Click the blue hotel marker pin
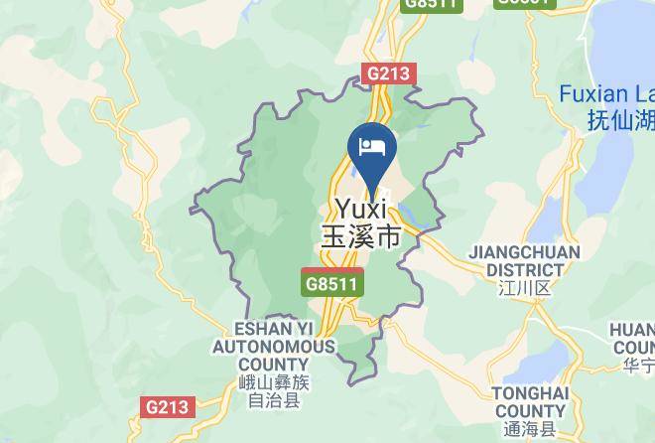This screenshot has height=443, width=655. [x=372, y=154]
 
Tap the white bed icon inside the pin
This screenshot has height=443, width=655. [x=372, y=147]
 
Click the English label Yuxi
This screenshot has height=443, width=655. [x=362, y=210]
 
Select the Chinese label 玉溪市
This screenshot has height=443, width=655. [x=360, y=237]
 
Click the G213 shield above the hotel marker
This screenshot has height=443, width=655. [x=389, y=74]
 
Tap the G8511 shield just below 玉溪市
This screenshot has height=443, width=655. [x=332, y=283]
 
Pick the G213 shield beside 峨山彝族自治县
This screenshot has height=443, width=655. [x=166, y=407]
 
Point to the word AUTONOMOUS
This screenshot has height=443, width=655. [x=273, y=347]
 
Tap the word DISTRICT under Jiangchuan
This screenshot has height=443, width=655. [x=525, y=269]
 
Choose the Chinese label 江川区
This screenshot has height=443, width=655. [x=525, y=288]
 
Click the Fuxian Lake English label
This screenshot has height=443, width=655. [x=606, y=95]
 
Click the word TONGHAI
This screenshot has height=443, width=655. [x=530, y=394]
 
